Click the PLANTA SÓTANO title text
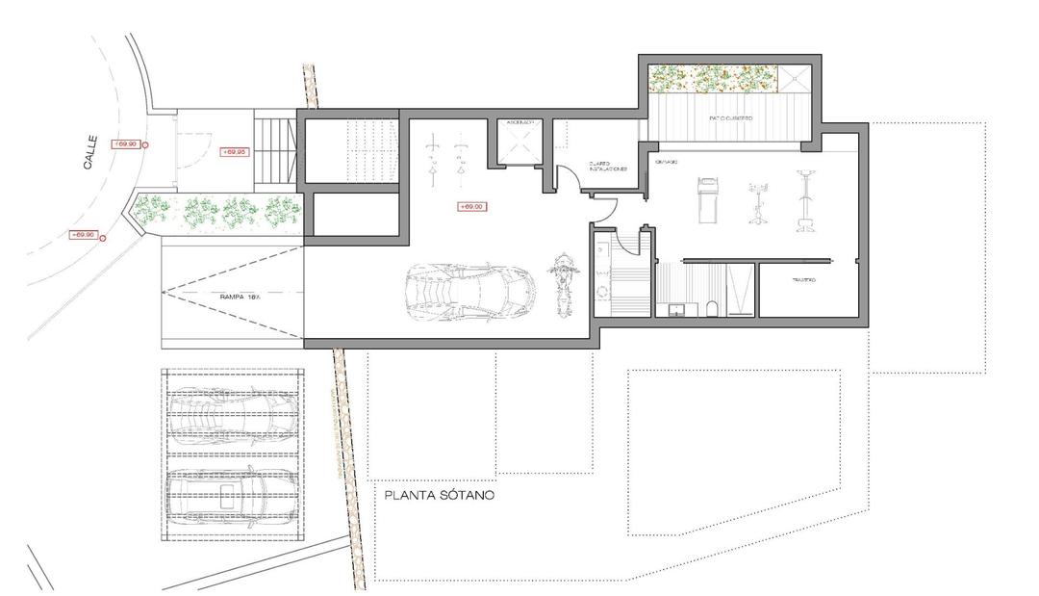coord(439,496)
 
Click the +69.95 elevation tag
coord(235,152)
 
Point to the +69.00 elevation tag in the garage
coord(471,206)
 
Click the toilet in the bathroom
coord(710,308)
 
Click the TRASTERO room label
coord(803,280)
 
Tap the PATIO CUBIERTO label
coord(731,117)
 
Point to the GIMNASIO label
coord(666,162)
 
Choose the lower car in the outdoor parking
coord(231,493)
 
